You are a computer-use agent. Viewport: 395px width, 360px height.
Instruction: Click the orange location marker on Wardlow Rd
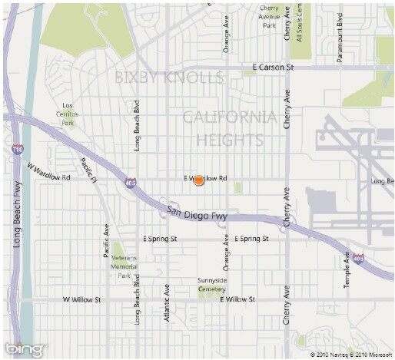point(198,180)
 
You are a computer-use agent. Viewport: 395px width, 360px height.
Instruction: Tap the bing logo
point(24,348)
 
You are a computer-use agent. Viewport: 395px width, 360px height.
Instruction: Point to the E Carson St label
point(274,68)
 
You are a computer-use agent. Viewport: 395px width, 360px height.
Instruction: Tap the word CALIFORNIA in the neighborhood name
point(229,117)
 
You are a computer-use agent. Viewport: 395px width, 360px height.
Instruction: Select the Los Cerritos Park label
point(68,114)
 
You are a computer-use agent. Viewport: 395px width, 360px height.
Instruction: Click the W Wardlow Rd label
point(48,171)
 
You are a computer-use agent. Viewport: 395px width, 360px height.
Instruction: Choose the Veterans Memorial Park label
point(124,264)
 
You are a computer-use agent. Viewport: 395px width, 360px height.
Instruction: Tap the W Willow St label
point(82,299)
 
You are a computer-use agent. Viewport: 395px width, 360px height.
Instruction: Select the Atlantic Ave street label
point(167,303)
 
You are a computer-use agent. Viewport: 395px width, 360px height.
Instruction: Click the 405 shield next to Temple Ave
point(358,259)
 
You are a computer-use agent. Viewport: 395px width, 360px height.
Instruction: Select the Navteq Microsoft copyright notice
point(350,355)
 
